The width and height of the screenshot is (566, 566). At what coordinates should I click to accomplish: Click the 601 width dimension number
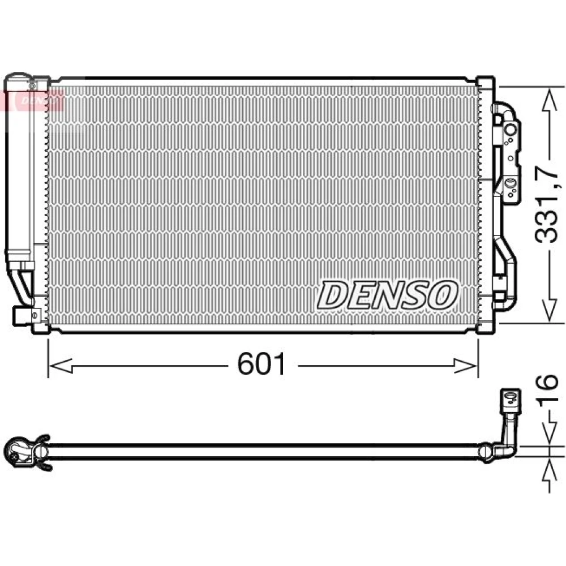(261, 363)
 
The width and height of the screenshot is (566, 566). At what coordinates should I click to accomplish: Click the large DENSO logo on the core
(387, 295)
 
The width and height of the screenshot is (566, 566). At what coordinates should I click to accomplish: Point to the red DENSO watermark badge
(35, 100)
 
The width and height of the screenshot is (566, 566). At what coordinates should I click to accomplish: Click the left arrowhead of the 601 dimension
(61, 366)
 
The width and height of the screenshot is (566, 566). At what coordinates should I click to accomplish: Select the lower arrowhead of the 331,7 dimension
(549, 308)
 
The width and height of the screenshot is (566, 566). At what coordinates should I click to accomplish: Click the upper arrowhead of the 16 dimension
(550, 432)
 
